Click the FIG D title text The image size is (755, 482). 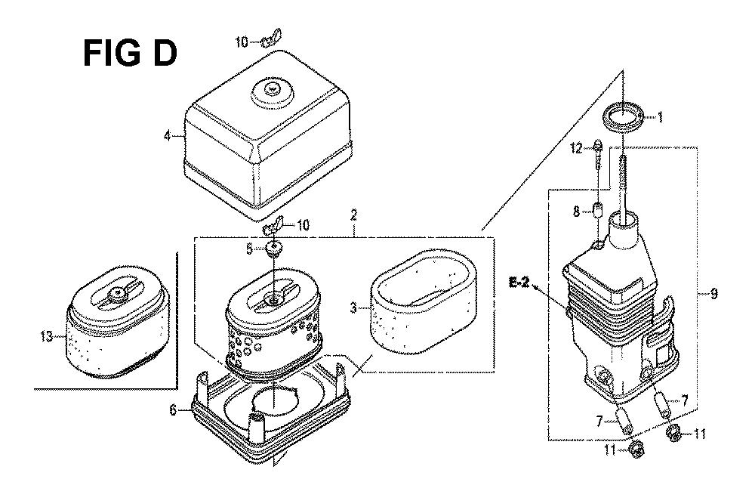click(x=130, y=54)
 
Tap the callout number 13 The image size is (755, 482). click(x=47, y=336)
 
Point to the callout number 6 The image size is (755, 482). click(x=174, y=411)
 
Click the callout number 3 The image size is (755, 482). click(x=353, y=307)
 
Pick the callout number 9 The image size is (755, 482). click(x=713, y=293)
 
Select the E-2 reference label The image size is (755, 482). click(x=519, y=283)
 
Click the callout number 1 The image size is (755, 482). click(x=660, y=116)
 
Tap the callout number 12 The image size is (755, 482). click(x=576, y=148)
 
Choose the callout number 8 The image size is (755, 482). click(x=576, y=211)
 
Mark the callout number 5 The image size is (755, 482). click(x=249, y=249)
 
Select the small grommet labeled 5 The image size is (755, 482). click(x=275, y=249)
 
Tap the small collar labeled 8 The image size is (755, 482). click(x=597, y=211)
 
